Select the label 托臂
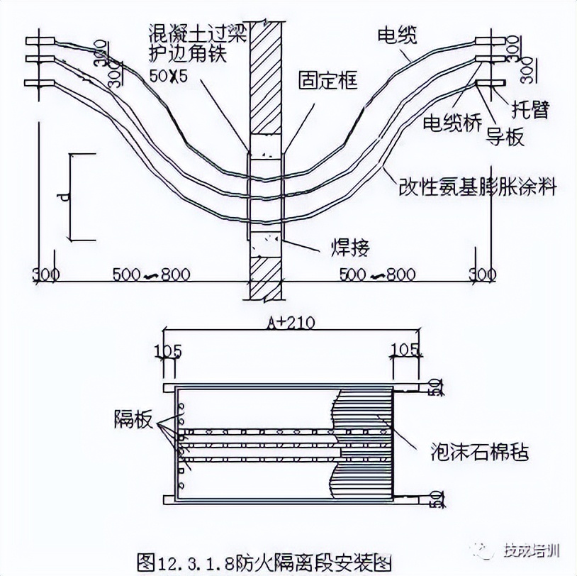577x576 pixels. point(531,109)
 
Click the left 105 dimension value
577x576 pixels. point(168,350)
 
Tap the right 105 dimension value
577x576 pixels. point(405,350)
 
